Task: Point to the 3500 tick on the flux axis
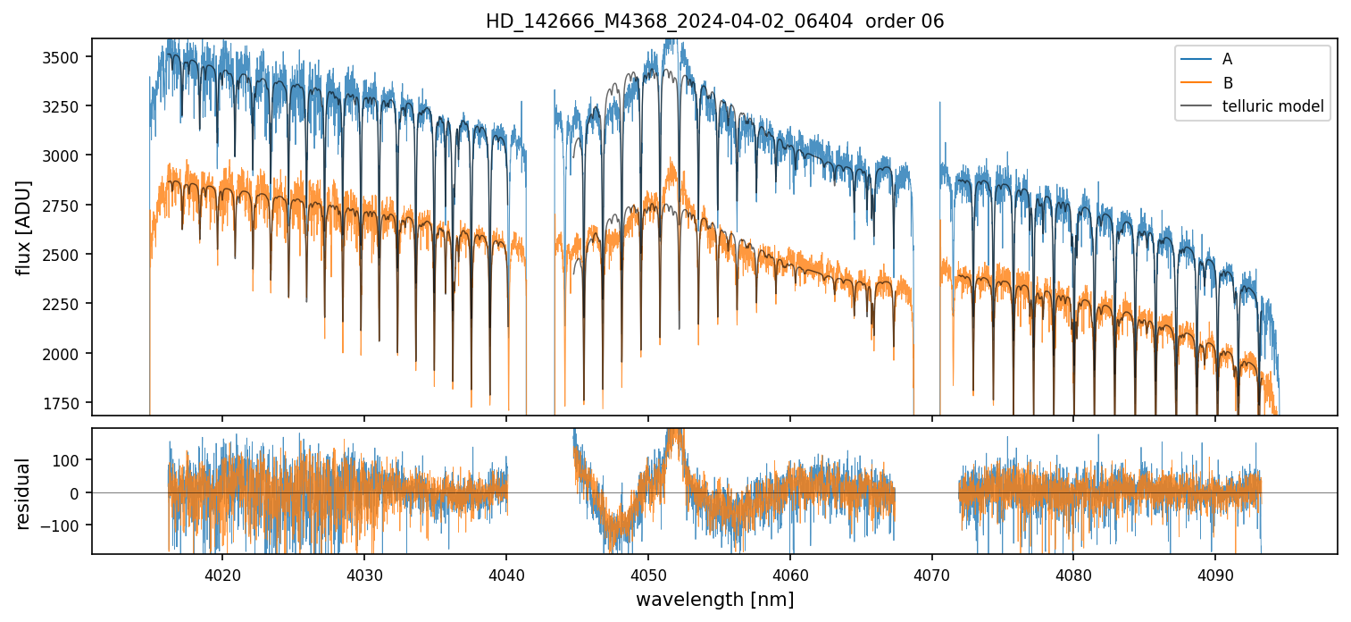coord(66,57)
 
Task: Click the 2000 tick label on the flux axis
coord(66,354)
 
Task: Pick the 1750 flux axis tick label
coord(66,403)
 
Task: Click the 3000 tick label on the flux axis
coord(66,155)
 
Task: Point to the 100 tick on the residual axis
coord(71,460)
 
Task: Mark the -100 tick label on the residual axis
coord(68,525)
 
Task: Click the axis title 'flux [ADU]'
coord(23,227)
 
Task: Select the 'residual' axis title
coord(23,493)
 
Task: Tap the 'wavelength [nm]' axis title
coord(714,599)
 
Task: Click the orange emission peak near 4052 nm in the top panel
coord(671,162)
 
